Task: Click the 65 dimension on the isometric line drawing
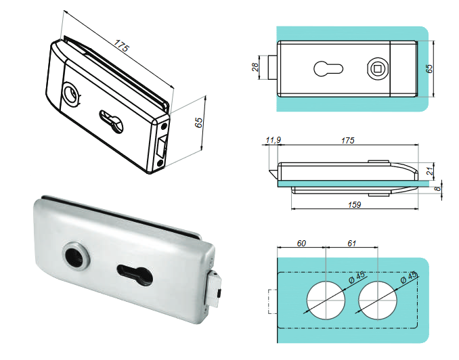tap(198, 122)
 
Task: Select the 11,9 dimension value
tap(273, 141)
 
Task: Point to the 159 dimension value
tap(353, 204)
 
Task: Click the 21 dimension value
tap(431, 172)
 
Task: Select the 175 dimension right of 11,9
tap(347, 141)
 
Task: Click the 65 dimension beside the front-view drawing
tap(429, 68)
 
